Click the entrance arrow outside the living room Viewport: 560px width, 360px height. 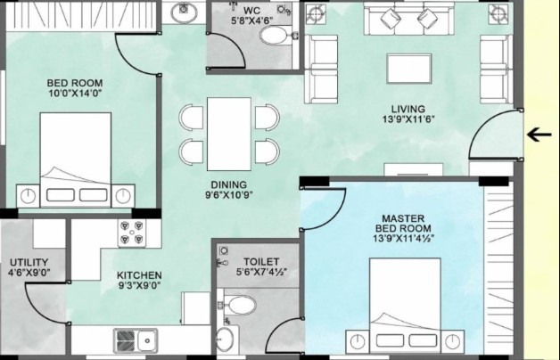[539, 135]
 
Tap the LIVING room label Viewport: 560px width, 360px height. [408, 110]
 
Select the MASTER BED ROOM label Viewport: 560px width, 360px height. [403, 224]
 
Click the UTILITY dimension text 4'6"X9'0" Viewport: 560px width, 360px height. [29, 273]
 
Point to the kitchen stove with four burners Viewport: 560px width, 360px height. [132, 233]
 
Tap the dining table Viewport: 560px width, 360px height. [229, 135]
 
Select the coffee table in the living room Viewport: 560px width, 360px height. [409, 69]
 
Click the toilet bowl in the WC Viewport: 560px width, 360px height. [276, 36]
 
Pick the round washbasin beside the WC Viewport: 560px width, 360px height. [184, 12]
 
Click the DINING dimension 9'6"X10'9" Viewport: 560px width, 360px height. [229, 195]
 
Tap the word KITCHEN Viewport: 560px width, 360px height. [139, 275]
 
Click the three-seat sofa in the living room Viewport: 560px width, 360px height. [409, 19]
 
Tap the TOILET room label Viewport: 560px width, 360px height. [261, 261]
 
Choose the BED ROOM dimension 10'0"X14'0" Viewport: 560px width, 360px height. [75, 94]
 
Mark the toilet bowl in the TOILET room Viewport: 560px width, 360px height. [240, 306]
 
